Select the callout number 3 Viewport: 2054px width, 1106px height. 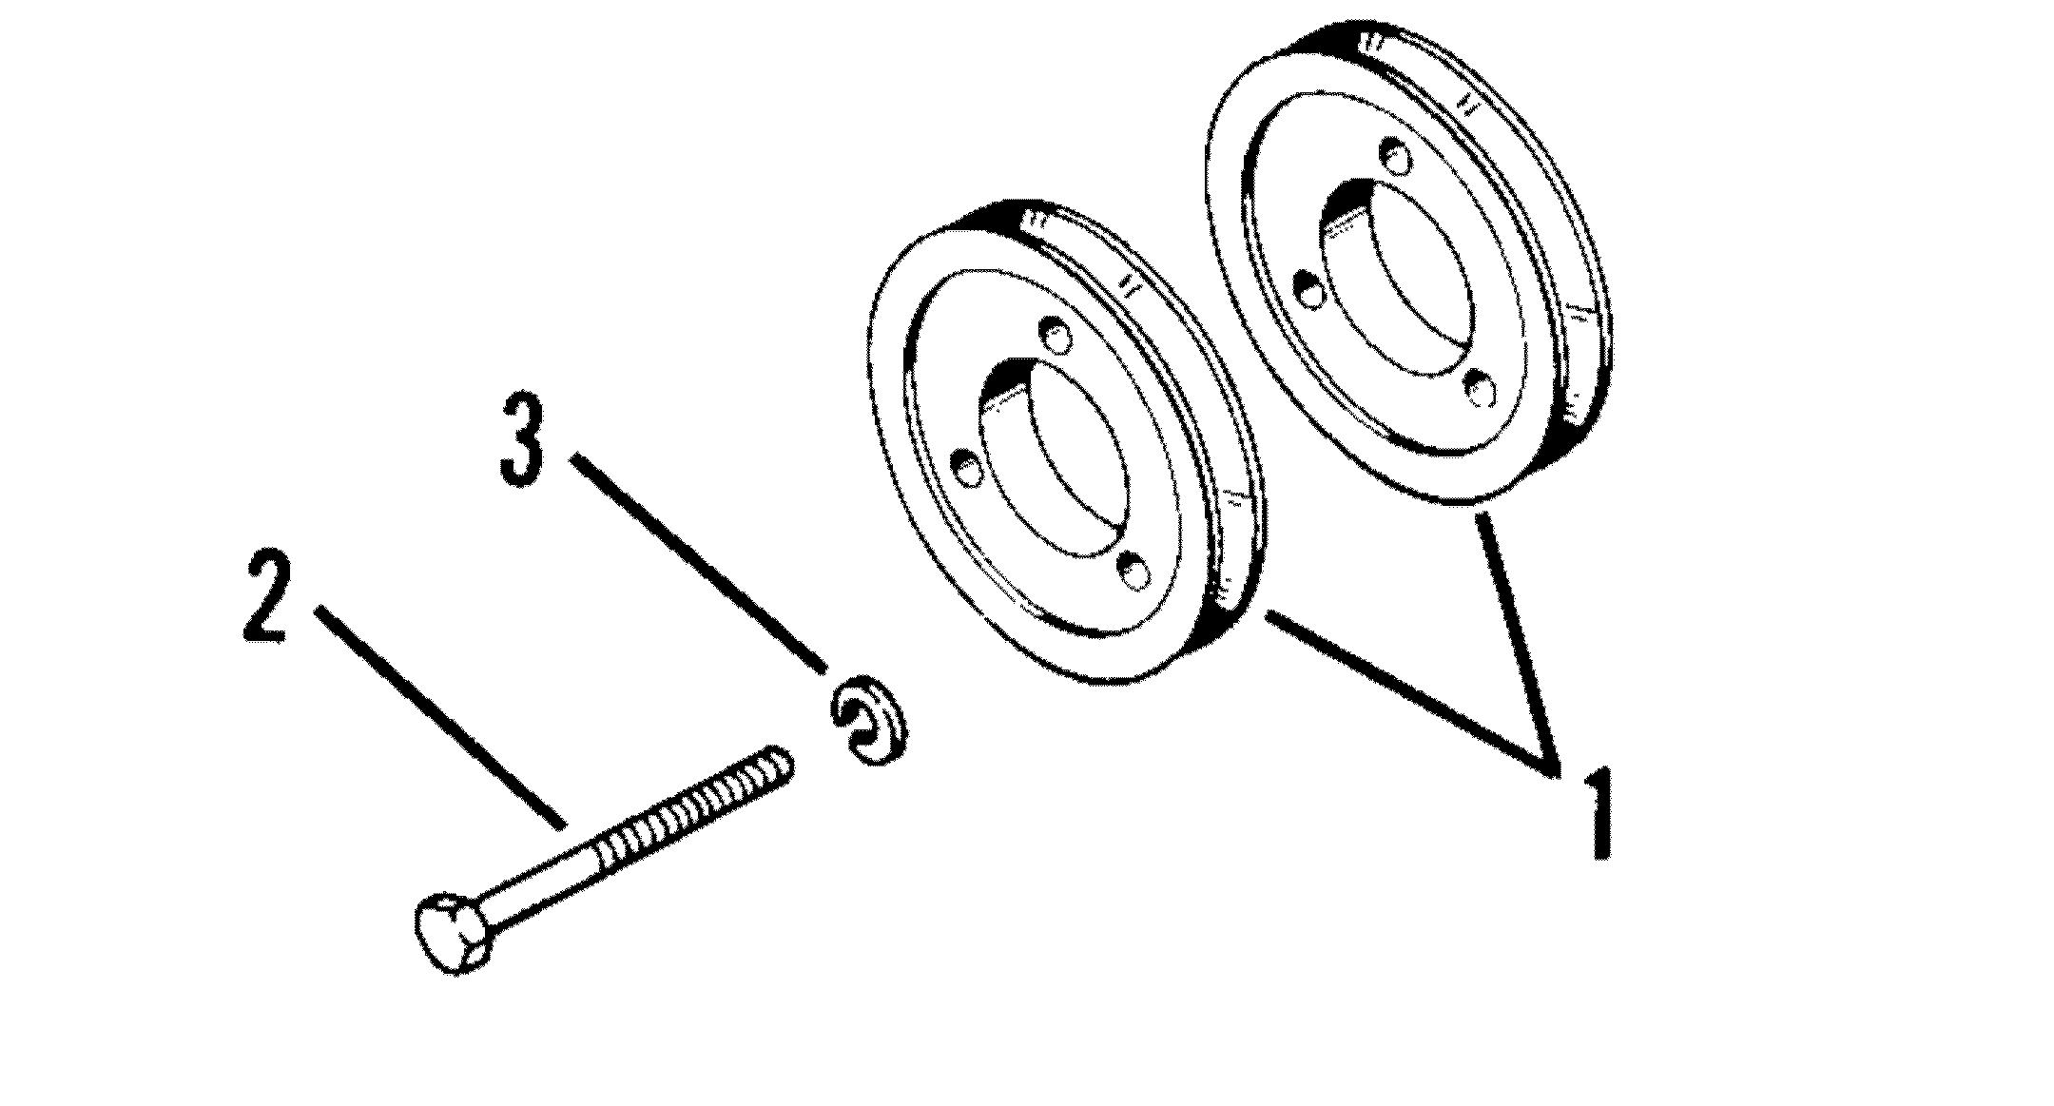pos(522,442)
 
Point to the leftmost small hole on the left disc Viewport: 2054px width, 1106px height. pos(966,468)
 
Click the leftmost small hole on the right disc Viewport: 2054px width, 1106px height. pos(1310,289)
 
